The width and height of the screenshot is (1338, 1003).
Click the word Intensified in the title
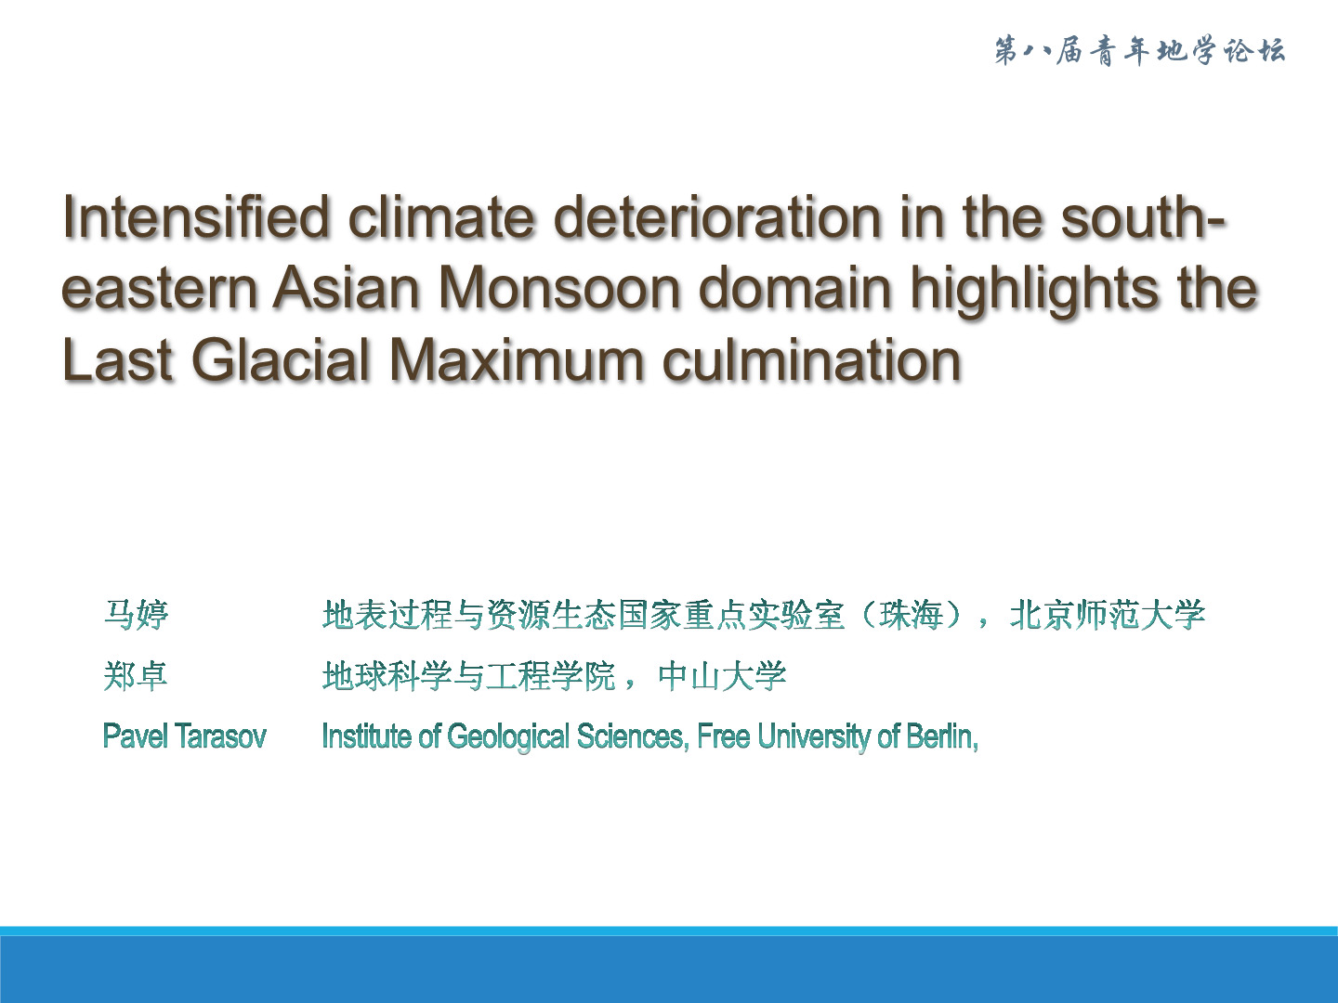coord(196,216)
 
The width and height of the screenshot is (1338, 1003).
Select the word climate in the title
coord(441,216)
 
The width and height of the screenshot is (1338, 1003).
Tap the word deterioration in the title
coord(717,216)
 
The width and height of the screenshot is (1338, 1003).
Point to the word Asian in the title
coord(346,288)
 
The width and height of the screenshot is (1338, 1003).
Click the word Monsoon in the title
coord(559,288)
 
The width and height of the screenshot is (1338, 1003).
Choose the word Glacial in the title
coord(281,360)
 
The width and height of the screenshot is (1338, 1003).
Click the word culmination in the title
coord(812,360)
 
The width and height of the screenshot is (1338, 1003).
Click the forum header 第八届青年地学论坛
coord(1140,50)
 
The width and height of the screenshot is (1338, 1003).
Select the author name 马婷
coord(136,615)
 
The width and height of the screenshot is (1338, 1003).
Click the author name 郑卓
coord(136,676)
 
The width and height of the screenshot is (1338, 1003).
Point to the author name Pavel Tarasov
coord(185,736)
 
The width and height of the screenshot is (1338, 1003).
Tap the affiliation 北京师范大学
coord(1108,615)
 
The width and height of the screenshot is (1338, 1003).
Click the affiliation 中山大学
coord(722,676)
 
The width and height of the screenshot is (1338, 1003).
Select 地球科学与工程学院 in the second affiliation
coord(469,676)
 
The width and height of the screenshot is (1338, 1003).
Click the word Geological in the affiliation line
coord(507,737)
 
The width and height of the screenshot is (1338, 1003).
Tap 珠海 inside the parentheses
coord(912,615)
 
